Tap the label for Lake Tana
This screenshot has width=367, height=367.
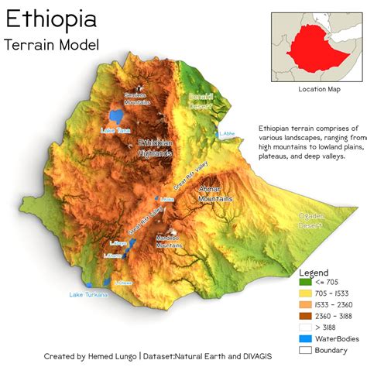(x=116, y=130)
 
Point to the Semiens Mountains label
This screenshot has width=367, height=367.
(x=137, y=98)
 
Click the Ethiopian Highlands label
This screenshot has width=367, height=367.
(x=155, y=148)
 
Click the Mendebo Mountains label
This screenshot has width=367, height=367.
(x=169, y=241)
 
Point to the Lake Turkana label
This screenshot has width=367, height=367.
(x=87, y=294)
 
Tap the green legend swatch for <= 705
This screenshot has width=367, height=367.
(x=307, y=283)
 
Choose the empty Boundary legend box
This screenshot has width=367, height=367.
(x=307, y=349)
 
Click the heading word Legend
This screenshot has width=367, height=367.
(x=314, y=273)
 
